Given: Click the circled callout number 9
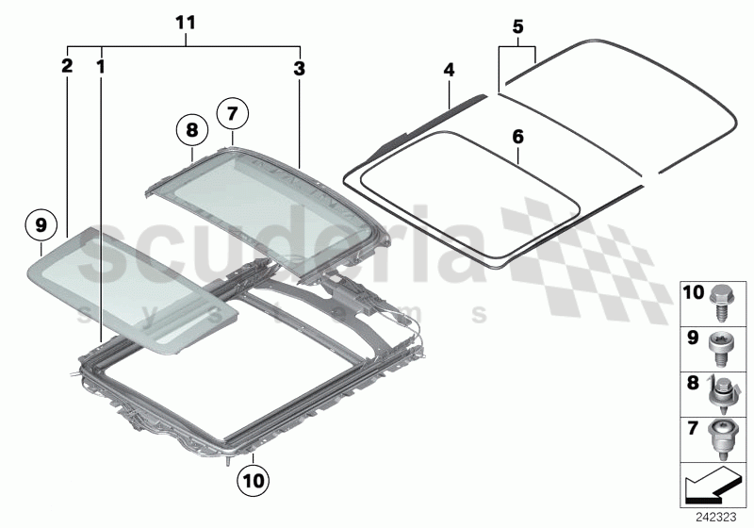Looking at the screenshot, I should coord(41,225).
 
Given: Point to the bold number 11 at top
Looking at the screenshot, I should coord(186,21).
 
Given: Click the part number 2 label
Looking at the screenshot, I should coord(66,66).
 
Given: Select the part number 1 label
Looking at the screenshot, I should coord(100,66).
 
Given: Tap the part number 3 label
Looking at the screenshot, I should coord(299,66).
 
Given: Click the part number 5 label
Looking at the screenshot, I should coord(516,25).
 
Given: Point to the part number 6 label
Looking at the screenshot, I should coord(516,137).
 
